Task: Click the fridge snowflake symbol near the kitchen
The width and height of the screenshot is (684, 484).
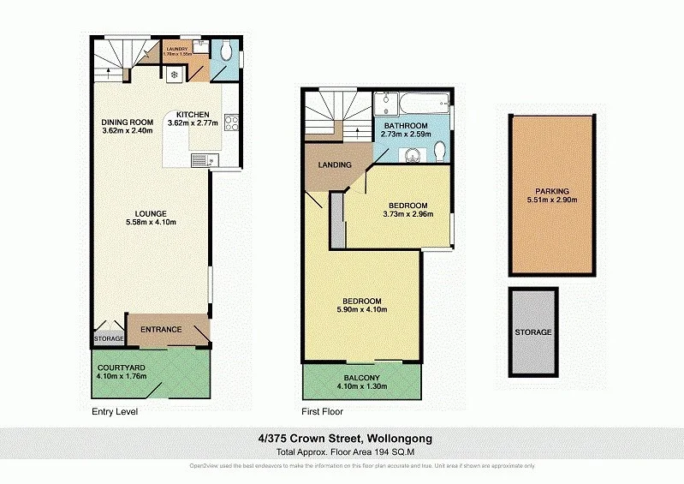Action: (175, 75)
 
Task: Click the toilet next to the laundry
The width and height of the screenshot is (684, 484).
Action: (225, 52)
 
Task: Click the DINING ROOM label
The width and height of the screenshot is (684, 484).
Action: (127, 122)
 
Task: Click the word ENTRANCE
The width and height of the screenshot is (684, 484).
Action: (161, 330)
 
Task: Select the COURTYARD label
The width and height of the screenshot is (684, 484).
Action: (120, 367)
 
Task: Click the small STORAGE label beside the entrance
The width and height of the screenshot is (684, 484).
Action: (109, 339)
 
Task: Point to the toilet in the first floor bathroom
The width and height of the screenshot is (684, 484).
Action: (439, 152)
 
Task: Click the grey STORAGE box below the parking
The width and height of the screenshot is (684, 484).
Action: (533, 332)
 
